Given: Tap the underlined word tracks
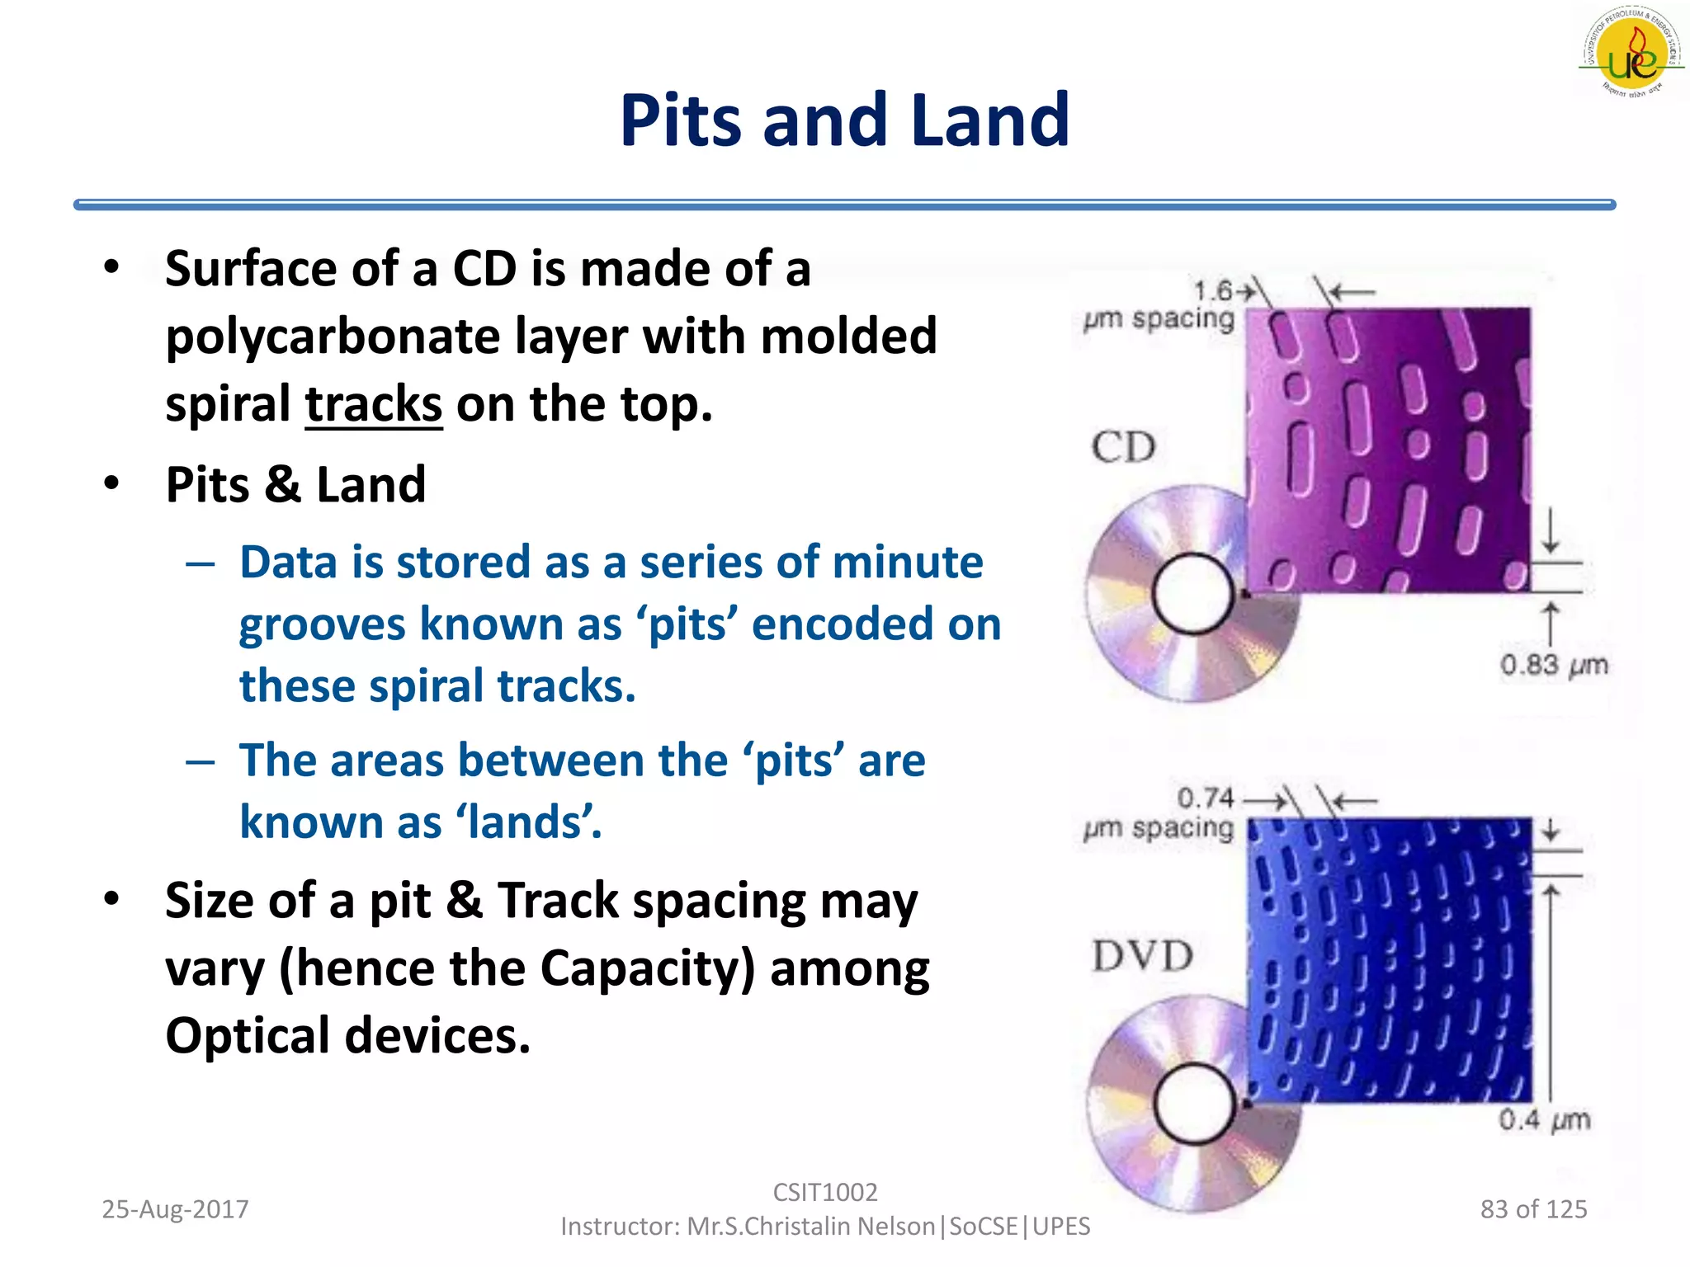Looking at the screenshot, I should pyautogui.click(x=374, y=404).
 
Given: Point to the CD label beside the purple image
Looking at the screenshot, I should pyautogui.click(x=1123, y=448).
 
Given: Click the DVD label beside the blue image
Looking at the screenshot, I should pyautogui.click(x=1142, y=957).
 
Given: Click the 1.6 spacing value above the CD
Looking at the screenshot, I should pyautogui.click(x=1212, y=290).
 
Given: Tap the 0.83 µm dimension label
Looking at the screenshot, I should pyautogui.click(x=1553, y=665).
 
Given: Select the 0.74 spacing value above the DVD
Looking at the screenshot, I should pyautogui.click(x=1205, y=798).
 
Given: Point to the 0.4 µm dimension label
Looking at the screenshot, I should pyautogui.click(x=1543, y=1120).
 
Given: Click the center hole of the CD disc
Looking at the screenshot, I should pyautogui.click(x=1192, y=593).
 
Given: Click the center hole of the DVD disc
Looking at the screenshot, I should pyautogui.click(x=1194, y=1104).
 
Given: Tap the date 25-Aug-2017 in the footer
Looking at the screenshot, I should pyautogui.click(x=175, y=1209).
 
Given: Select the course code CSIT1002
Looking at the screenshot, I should pyautogui.click(x=824, y=1192).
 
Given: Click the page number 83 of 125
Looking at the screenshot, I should pyautogui.click(x=1533, y=1209).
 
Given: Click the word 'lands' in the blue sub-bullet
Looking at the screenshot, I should pyautogui.click(x=528, y=822).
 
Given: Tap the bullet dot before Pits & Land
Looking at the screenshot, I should pyautogui.click(x=112, y=483).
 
